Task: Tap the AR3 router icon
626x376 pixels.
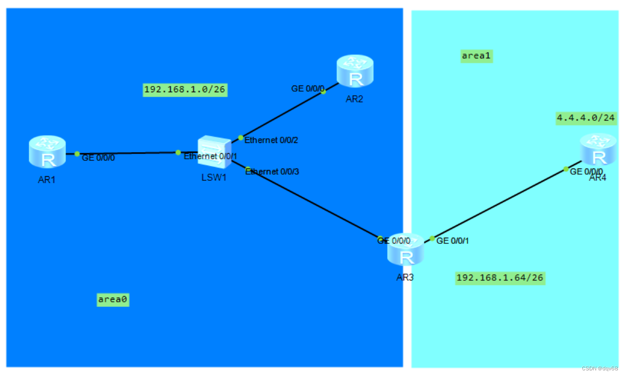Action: pos(406,249)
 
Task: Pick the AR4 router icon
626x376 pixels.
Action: pos(598,149)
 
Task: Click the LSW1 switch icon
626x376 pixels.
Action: pos(214,152)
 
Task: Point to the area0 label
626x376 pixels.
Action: pos(113,300)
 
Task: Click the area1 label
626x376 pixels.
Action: pos(477,56)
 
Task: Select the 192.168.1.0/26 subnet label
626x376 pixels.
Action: pos(185,90)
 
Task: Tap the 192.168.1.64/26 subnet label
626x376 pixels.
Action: pos(500,278)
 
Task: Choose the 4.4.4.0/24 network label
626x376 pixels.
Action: pos(586,118)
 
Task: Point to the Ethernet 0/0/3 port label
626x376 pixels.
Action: pos(272,172)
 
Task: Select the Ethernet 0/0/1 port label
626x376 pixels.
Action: pos(207,156)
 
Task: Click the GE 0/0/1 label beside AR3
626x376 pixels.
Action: pos(453,240)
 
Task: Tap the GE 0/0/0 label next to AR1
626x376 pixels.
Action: pos(98,158)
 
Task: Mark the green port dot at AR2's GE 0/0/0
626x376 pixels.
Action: pos(323,92)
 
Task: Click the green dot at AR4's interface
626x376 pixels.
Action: pos(566,169)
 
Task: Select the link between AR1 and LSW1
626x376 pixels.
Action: pos(128,153)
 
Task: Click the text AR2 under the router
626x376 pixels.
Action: pos(354,99)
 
